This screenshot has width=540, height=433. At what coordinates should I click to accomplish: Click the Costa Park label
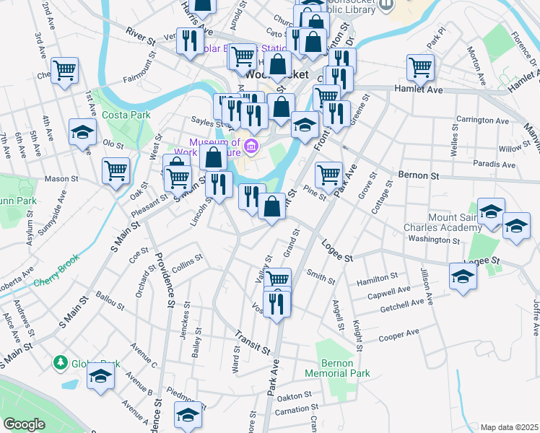click(116, 115)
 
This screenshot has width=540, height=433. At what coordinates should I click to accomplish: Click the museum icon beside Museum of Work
click(251, 147)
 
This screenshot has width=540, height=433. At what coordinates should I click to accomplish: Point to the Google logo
click(24, 424)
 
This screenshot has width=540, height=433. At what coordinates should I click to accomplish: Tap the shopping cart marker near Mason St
click(116, 171)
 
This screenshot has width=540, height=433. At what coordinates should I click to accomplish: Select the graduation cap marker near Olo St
click(83, 132)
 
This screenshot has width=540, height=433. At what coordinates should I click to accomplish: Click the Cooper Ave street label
click(399, 334)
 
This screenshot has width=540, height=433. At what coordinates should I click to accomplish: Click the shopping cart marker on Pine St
click(328, 173)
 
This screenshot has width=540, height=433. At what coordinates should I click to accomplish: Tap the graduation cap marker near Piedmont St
click(188, 414)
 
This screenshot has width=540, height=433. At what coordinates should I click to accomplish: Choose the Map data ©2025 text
click(509, 427)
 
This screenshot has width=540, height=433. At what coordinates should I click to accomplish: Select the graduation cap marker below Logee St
click(463, 276)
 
